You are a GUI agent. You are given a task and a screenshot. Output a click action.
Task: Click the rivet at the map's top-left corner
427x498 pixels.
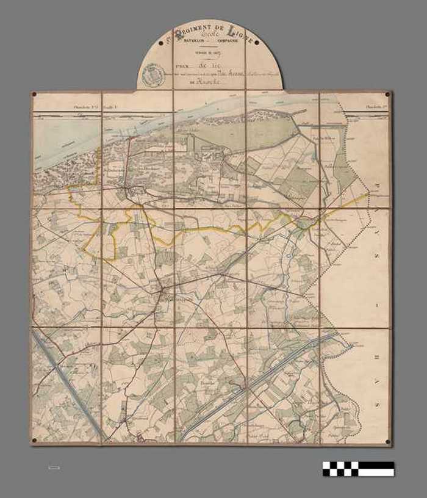[35, 95]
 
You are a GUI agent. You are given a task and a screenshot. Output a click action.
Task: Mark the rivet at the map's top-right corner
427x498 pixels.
[388, 95]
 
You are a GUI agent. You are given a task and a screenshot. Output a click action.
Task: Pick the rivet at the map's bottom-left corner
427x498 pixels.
[35, 441]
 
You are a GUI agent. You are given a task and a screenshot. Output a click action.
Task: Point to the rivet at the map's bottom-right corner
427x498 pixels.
[388, 441]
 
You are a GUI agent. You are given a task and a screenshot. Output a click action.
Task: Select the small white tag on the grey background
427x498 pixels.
[54, 468]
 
